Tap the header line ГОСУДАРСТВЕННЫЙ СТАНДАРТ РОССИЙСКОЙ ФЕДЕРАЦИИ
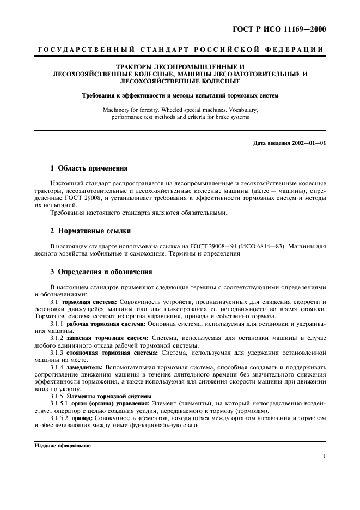click(180, 50)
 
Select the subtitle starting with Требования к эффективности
click(180, 95)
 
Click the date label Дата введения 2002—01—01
click(290, 143)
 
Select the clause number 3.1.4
click(57, 368)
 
